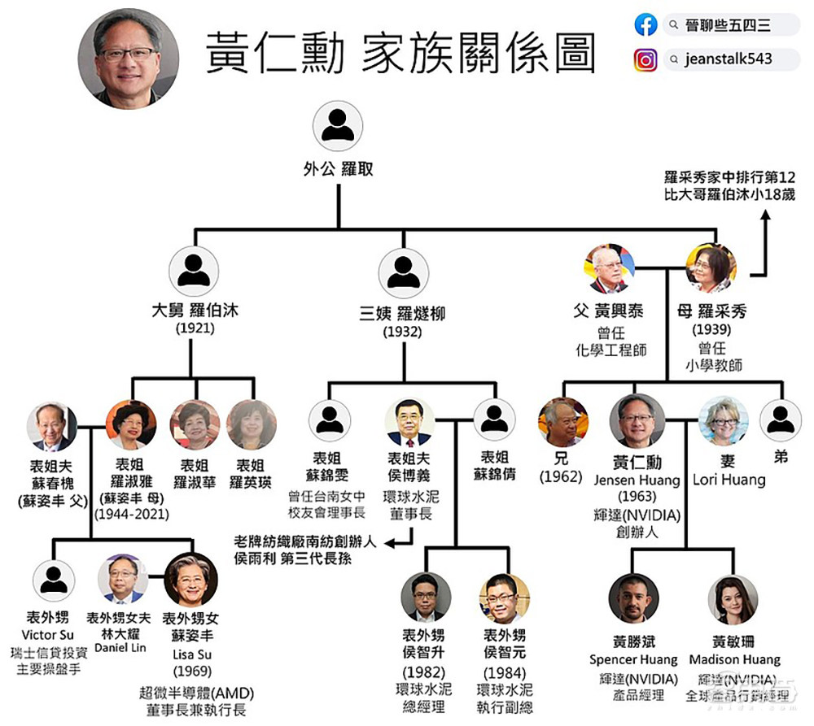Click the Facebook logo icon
point(646,25)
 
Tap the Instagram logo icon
point(646,60)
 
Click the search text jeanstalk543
point(729,59)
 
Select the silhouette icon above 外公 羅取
point(337,128)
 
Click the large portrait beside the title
point(128,59)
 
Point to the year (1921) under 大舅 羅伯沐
point(195,329)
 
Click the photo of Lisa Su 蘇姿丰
point(190,579)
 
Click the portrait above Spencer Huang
point(633,597)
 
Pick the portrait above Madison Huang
point(733,599)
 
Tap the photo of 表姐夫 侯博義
point(409,423)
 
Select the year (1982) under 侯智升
point(424,672)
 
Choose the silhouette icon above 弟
point(781,420)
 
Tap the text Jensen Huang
point(637,480)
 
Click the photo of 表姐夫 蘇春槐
point(52,425)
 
